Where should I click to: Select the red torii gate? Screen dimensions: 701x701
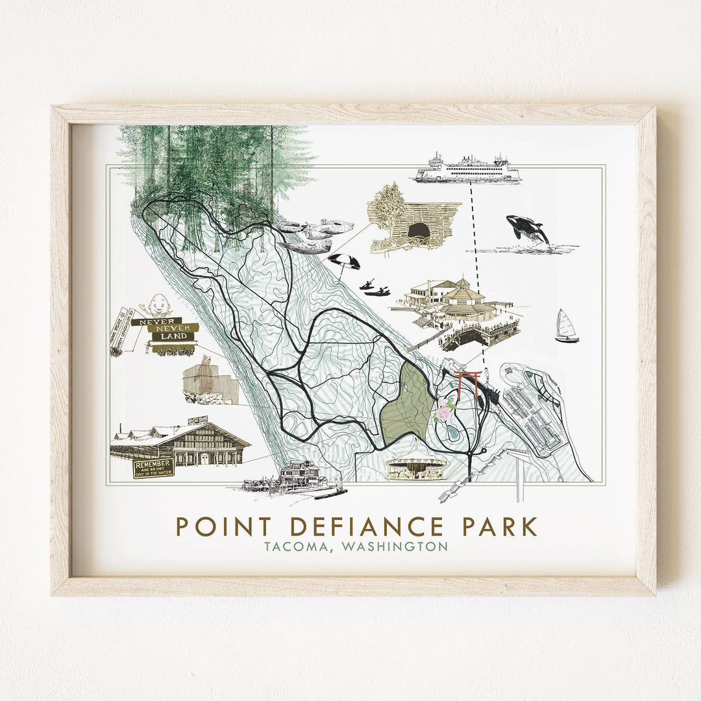(x=468, y=382)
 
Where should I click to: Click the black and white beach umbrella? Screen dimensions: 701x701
(x=344, y=261)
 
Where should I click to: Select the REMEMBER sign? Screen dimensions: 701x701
(x=153, y=468)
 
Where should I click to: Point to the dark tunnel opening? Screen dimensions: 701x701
(x=419, y=230)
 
